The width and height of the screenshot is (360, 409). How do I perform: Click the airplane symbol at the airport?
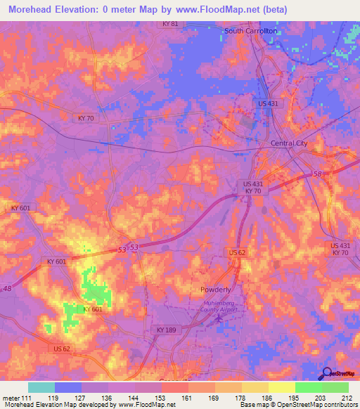pos(219,320)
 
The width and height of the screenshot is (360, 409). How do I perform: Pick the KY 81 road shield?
pos(169,24)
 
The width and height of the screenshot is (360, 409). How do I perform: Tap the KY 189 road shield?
pos(167,330)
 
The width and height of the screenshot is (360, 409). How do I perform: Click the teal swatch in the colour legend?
pos(41,387)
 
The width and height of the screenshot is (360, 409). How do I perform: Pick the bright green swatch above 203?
pos(309,387)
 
